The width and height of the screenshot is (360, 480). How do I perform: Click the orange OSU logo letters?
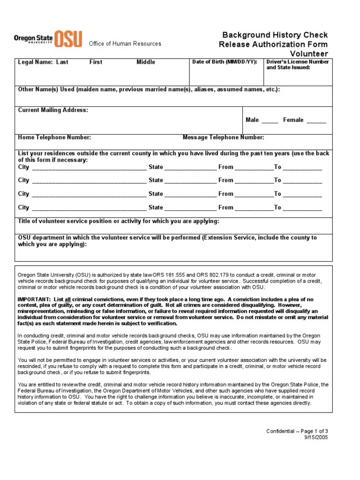click(x=68, y=39)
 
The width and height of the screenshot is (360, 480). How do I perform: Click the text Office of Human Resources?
click(x=125, y=44)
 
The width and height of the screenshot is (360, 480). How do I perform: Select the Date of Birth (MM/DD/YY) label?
click(x=225, y=62)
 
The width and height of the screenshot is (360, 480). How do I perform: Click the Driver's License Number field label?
click(x=297, y=65)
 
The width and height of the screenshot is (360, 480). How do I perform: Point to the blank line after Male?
click(x=270, y=120)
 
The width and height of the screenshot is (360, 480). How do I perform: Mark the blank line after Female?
click(x=316, y=120)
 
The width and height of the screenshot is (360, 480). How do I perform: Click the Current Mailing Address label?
click(x=53, y=110)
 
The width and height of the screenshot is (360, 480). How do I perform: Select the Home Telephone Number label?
click(x=54, y=137)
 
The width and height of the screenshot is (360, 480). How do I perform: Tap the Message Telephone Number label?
click(x=223, y=137)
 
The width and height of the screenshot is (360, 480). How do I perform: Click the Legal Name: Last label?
click(x=43, y=62)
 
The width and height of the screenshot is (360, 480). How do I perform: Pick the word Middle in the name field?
click(x=146, y=62)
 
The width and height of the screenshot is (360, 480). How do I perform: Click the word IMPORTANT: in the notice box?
click(x=34, y=299)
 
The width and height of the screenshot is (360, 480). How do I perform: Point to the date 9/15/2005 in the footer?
click(x=317, y=437)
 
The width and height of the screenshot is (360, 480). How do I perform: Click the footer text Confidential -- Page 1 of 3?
click(x=297, y=431)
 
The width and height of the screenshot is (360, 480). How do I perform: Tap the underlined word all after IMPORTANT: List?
click(x=68, y=299)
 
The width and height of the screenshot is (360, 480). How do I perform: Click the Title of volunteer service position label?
click(x=119, y=221)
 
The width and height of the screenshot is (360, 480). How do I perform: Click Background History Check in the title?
click(x=275, y=35)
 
